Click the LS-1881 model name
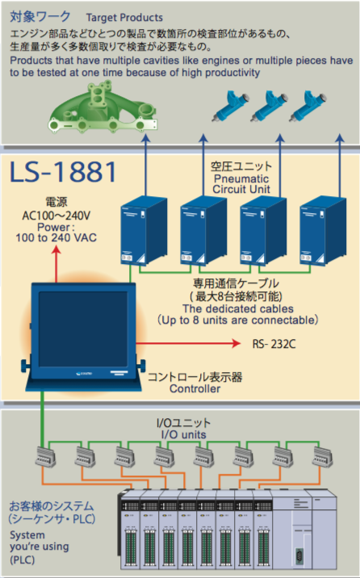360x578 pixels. point(63,172)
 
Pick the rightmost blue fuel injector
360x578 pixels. point(308,107)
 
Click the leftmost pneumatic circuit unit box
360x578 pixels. point(144,230)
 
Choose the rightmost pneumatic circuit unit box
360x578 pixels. point(323,230)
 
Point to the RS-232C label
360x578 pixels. point(274,344)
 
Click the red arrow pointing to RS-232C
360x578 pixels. point(188,344)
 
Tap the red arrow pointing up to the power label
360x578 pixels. point(56,264)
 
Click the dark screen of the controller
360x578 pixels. point(83,329)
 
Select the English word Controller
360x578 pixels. point(195,388)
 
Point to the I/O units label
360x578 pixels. point(183,434)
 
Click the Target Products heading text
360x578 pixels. point(124,17)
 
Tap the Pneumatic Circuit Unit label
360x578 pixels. point(241,184)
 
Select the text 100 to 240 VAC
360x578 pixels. point(56,237)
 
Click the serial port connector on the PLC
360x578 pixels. point(299,555)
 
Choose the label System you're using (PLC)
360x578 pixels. point(40,547)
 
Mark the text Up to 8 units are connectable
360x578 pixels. point(237,320)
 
